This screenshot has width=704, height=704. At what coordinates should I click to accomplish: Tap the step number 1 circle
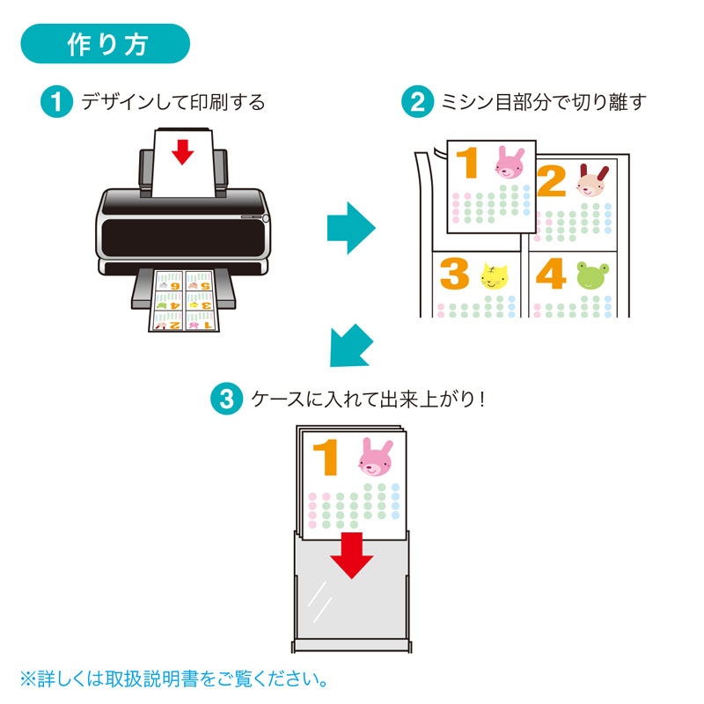(x=57, y=102)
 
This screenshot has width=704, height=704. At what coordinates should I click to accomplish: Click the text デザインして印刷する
(x=173, y=103)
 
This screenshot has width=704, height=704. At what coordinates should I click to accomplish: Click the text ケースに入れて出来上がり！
(x=369, y=399)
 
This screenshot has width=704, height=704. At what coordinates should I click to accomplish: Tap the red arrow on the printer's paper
(x=182, y=151)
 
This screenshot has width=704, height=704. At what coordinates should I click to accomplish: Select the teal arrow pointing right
(x=351, y=228)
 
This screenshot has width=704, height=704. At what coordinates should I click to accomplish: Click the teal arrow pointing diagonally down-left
(x=349, y=346)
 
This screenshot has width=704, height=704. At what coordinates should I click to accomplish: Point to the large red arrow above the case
(x=352, y=554)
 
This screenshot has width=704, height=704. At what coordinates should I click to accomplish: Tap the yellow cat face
(x=495, y=276)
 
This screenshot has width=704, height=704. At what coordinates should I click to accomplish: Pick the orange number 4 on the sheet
(x=550, y=275)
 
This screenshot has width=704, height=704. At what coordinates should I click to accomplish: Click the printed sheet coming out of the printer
(x=183, y=302)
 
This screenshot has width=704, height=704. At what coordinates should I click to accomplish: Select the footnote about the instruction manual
(x=175, y=678)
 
